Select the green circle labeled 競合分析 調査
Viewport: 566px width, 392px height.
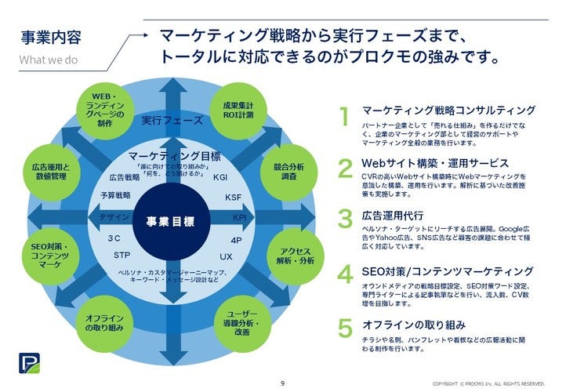point(285,172)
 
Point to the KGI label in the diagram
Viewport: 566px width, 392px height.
point(220,178)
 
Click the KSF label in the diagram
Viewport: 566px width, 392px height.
point(233,198)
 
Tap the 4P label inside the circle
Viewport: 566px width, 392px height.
point(236,240)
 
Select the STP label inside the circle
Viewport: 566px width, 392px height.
point(122,256)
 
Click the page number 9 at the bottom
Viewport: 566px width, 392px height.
point(282,383)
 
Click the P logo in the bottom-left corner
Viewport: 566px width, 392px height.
point(27,366)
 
